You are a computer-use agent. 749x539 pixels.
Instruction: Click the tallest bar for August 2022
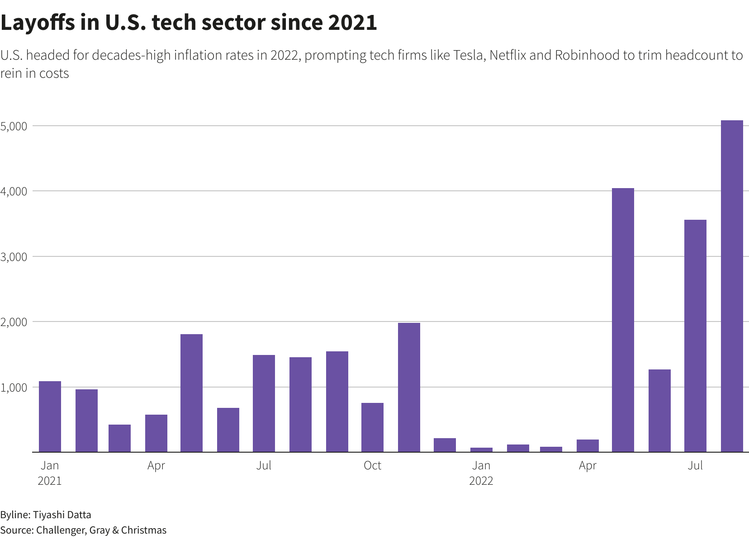tap(732, 286)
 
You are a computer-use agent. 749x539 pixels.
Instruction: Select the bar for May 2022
tap(623, 320)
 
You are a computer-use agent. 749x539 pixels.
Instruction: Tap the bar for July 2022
tap(695, 336)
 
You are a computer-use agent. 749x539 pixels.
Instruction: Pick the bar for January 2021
tap(50, 416)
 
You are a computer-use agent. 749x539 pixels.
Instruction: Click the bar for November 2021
tap(409, 387)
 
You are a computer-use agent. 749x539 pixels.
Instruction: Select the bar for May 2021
tap(191, 393)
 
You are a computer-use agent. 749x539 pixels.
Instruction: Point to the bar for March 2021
tap(119, 438)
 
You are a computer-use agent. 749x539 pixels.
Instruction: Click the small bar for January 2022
tap(481, 449)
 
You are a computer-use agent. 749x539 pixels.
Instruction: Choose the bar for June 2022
tap(659, 411)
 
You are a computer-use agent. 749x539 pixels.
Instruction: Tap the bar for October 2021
tap(372, 427)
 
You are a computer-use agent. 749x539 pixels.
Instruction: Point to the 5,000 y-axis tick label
tap(14, 126)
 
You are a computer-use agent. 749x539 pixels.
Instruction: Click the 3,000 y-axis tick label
tap(14, 257)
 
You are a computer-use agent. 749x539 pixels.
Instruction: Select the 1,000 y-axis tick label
tap(14, 388)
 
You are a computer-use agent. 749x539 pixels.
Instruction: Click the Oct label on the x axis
tap(372, 465)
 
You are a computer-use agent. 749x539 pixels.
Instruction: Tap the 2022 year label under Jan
tap(481, 481)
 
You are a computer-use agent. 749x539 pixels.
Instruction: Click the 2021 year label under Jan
tap(49, 481)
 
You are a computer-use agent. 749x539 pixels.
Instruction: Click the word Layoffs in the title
tap(37, 23)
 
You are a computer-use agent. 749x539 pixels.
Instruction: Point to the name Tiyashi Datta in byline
tap(62, 515)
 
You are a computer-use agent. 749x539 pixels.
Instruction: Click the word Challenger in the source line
tap(60, 530)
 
